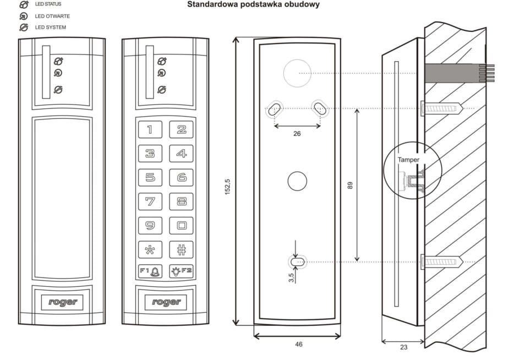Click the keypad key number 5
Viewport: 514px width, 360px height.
coord(150,177)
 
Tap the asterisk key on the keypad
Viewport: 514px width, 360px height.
coord(150,249)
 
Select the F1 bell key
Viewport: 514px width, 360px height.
coord(150,271)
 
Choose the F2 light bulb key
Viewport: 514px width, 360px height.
coord(181,271)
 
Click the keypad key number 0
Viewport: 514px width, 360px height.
coord(181,225)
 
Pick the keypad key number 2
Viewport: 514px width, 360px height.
coord(181,129)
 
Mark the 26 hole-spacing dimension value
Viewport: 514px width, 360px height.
coord(297,134)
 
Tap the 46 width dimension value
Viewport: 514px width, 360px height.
coord(298,344)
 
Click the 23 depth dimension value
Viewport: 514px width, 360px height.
coord(403,347)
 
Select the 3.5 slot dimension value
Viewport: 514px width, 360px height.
coord(291,278)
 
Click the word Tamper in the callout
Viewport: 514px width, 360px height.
coord(409,160)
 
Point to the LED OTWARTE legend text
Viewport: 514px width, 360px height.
coord(53,16)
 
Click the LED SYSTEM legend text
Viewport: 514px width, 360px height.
coord(51,28)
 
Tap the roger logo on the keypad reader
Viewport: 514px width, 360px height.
coord(166,302)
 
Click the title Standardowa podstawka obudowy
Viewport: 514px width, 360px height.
coord(253,5)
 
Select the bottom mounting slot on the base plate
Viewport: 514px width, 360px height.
coord(298,263)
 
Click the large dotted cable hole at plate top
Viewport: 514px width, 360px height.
coord(297,73)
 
